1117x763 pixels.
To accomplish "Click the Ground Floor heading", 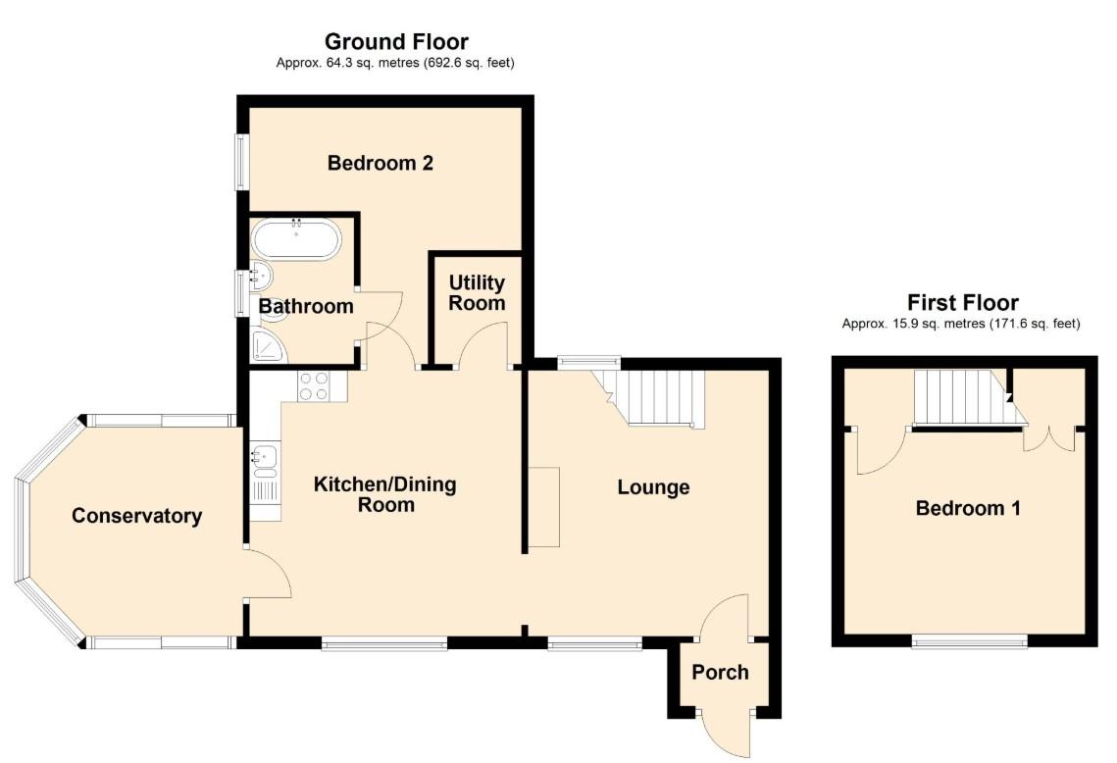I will click(x=396, y=41).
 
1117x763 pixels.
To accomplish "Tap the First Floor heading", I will click(x=962, y=302).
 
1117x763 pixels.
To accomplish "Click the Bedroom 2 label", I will click(x=381, y=163).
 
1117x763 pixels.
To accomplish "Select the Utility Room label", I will click(x=477, y=292).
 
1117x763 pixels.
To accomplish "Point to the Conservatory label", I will click(x=136, y=516).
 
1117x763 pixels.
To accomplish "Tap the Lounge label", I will click(x=653, y=487).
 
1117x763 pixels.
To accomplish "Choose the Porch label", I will click(x=720, y=672).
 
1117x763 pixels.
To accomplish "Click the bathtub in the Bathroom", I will click(x=296, y=239).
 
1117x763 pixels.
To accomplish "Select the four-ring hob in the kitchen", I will click(x=315, y=385).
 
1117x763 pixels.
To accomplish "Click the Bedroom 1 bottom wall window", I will click(x=969, y=641).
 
